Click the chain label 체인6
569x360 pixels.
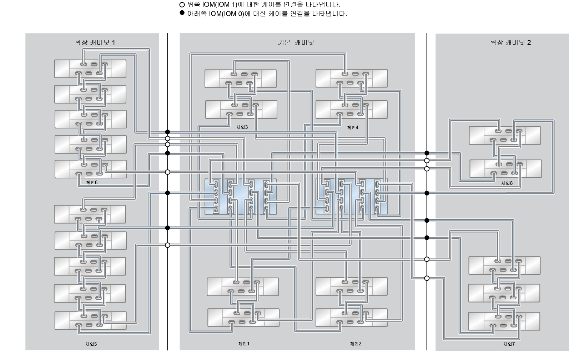[92, 182]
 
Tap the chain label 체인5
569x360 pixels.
[91, 344]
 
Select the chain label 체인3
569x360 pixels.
[242, 127]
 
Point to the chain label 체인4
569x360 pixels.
[353, 127]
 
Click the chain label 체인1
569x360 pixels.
[244, 344]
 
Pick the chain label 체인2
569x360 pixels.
[356, 344]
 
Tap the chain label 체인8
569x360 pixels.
[507, 183]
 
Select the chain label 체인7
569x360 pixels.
[509, 344]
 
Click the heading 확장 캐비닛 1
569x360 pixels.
[95, 42]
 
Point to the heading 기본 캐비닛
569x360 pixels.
[296, 42]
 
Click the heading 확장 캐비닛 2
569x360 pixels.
[510, 42]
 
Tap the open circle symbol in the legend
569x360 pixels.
[182, 5]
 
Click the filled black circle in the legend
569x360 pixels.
[182, 13]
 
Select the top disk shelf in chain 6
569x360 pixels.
[90, 69]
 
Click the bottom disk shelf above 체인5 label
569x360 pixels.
[90, 320]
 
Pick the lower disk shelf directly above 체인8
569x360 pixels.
[505, 169]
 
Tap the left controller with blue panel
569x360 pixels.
[240, 197]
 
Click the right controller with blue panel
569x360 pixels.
[352, 197]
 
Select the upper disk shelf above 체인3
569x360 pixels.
[240, 78]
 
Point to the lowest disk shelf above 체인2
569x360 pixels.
[352, 318]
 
